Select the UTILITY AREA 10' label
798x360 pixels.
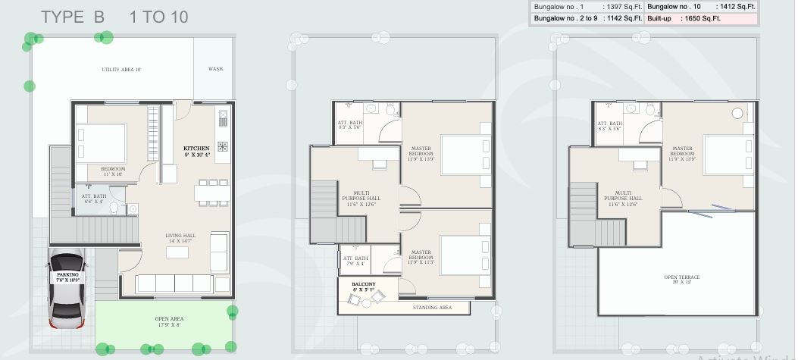[x=121, y=69]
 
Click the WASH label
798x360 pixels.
[x=215, y=69]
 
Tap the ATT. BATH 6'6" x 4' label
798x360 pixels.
[x=94, y=199]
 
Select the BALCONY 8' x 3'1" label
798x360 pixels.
[x=363, y=286]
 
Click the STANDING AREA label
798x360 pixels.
[x=432, y=307]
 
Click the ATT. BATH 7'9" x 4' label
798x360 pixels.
[x=355, y=261]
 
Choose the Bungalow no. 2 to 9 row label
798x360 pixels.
[x=564, y=18]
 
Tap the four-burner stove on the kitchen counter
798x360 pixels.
[x=223, y=146]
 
